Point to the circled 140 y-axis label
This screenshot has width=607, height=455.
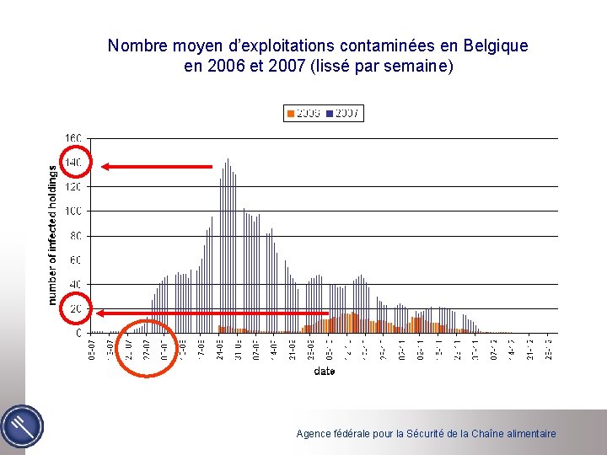[74, 162]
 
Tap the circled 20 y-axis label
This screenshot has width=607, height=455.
[75, 309]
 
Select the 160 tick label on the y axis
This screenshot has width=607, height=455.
[73, 137]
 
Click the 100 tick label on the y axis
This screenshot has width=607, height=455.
[73, 211]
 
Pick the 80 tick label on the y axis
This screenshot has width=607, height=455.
[75, 236]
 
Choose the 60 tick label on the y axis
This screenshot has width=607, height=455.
[75, 260]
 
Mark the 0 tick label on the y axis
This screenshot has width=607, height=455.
[78, 334]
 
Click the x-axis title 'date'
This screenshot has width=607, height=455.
[324, 371]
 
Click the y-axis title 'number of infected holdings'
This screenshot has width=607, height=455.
[52, 234]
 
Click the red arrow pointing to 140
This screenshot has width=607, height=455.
[157, 167]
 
